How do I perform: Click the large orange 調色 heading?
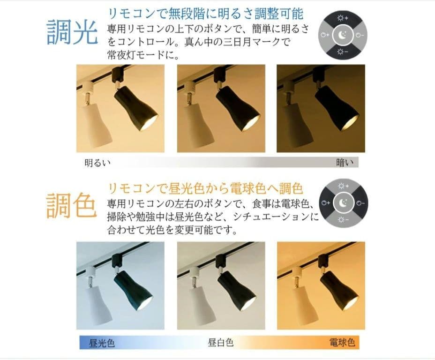[x=71, y=205]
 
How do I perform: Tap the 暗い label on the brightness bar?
[x=344, y=163]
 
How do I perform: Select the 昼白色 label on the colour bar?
[x=220, y=343]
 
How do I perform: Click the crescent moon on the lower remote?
[x=342, y=203]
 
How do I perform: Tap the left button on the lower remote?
[x=325, y=203]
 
